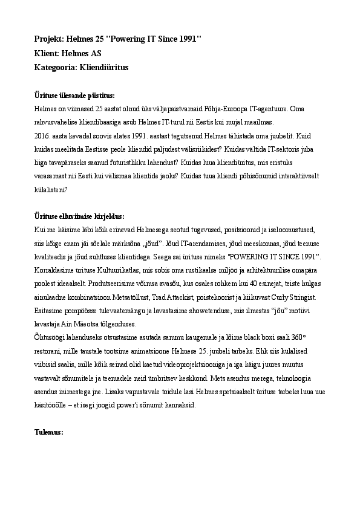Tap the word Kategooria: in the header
[x=56, y=68]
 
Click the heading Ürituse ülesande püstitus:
[x=73, y=96]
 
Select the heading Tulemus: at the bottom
[x=49, y=433]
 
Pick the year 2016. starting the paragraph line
[x=44, y=136]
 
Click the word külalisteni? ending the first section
[x=51, y=189]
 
